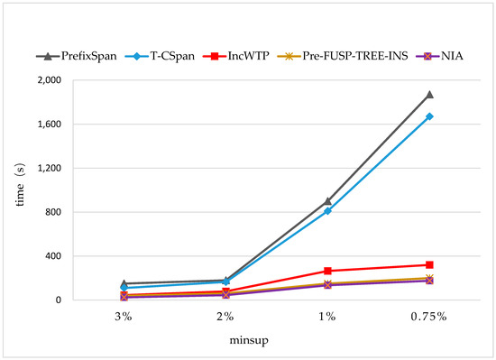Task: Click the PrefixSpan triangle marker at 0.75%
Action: click(x=429, y=94)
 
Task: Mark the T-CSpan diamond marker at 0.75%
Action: click(x=429, y=116)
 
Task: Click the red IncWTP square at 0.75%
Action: click(x=429, y=265)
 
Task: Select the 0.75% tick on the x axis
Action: click(x=429, y=317)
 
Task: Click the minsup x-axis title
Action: click(x=276, y=341)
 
